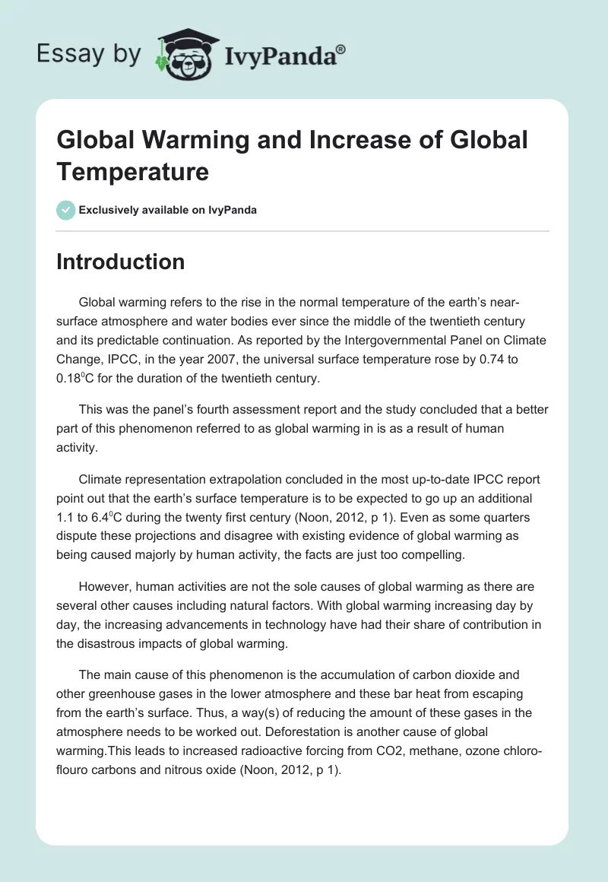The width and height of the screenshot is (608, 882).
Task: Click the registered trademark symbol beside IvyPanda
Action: tap(340, 49)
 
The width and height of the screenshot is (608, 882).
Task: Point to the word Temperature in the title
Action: tap(132, 172)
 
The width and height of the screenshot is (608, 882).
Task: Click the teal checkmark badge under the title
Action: tap(66, 211)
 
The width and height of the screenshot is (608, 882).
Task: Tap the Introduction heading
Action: tap(121, 262)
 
